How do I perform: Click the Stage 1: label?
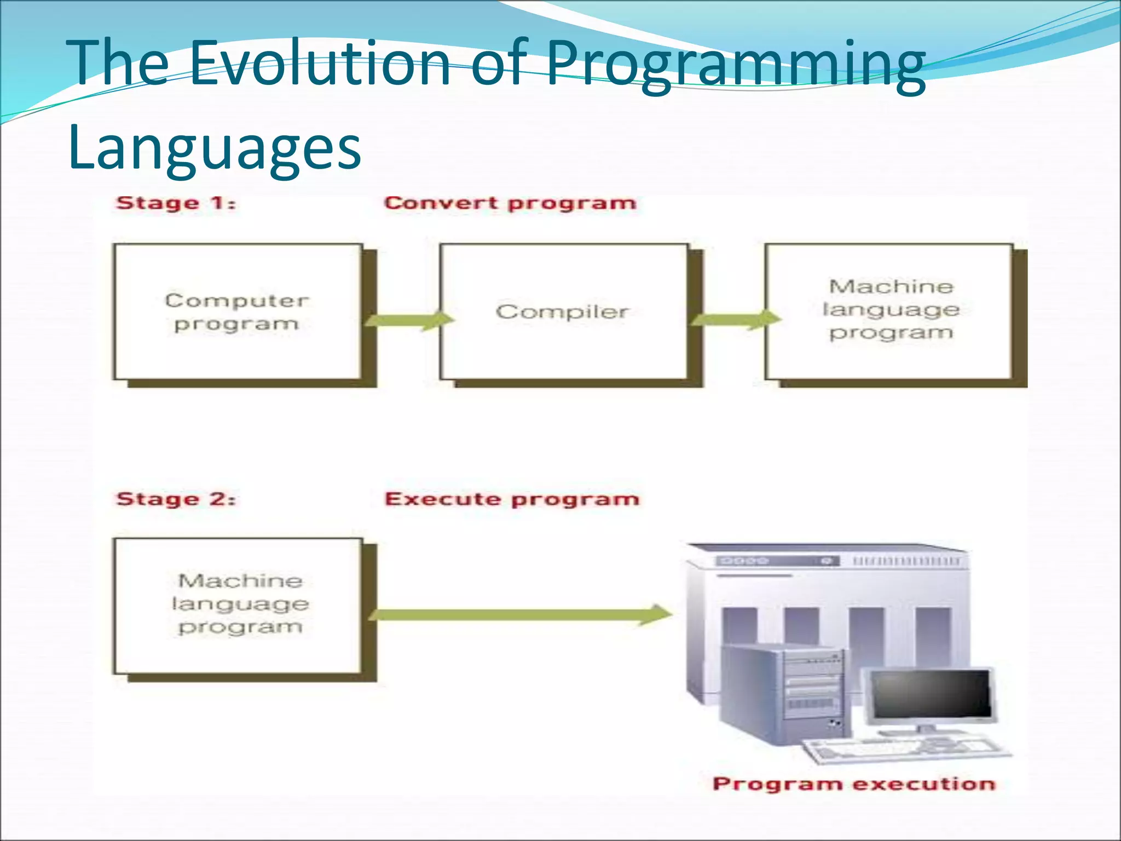[176, 203]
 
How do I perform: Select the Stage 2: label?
[176, 499]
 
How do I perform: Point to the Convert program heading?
[510, 203]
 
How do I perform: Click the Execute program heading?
[512, 499]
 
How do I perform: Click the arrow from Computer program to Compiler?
[409, 320]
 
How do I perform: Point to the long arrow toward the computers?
[520, 614]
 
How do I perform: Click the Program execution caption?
[854, 784]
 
